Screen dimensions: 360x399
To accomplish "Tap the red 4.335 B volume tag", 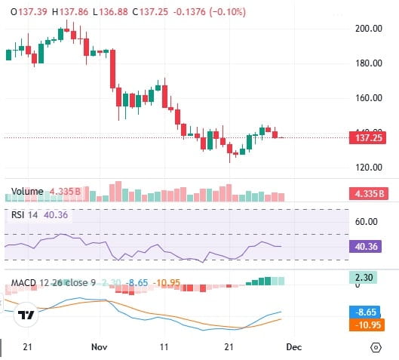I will tap(368, 194).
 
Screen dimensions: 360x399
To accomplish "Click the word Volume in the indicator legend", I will tap(27, 192).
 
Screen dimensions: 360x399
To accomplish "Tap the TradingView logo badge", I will tap(27, 315).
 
